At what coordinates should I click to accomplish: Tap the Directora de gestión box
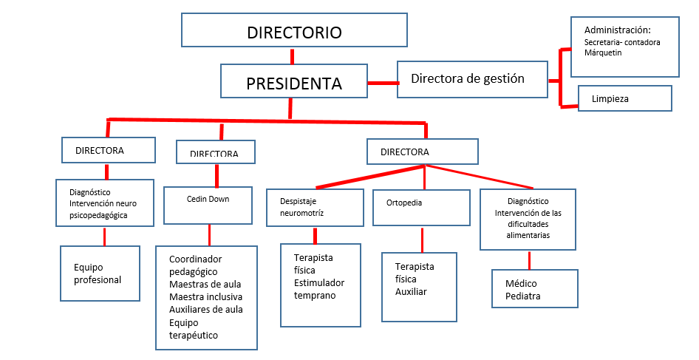[472, 79]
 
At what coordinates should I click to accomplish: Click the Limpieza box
[624, 98]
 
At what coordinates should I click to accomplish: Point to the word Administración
[617, 30]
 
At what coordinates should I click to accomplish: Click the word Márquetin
[603, 52]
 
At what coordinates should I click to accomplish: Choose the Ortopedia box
[420, 208]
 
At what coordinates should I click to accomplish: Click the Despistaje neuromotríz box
[315, 208]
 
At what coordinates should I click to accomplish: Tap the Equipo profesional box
[100, 274]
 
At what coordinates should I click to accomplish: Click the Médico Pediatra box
[534, 289]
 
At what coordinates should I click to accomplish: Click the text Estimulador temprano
[318, 289]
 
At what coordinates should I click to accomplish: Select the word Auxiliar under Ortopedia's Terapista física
[411, 291]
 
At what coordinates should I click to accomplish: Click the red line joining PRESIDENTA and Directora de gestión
[383, 82]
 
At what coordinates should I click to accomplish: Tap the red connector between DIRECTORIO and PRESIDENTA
[293, 57]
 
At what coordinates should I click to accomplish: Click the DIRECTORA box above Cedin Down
[216, 153]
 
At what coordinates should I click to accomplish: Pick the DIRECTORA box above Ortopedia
[423, 152]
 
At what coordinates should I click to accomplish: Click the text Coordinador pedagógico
[195, 265]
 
